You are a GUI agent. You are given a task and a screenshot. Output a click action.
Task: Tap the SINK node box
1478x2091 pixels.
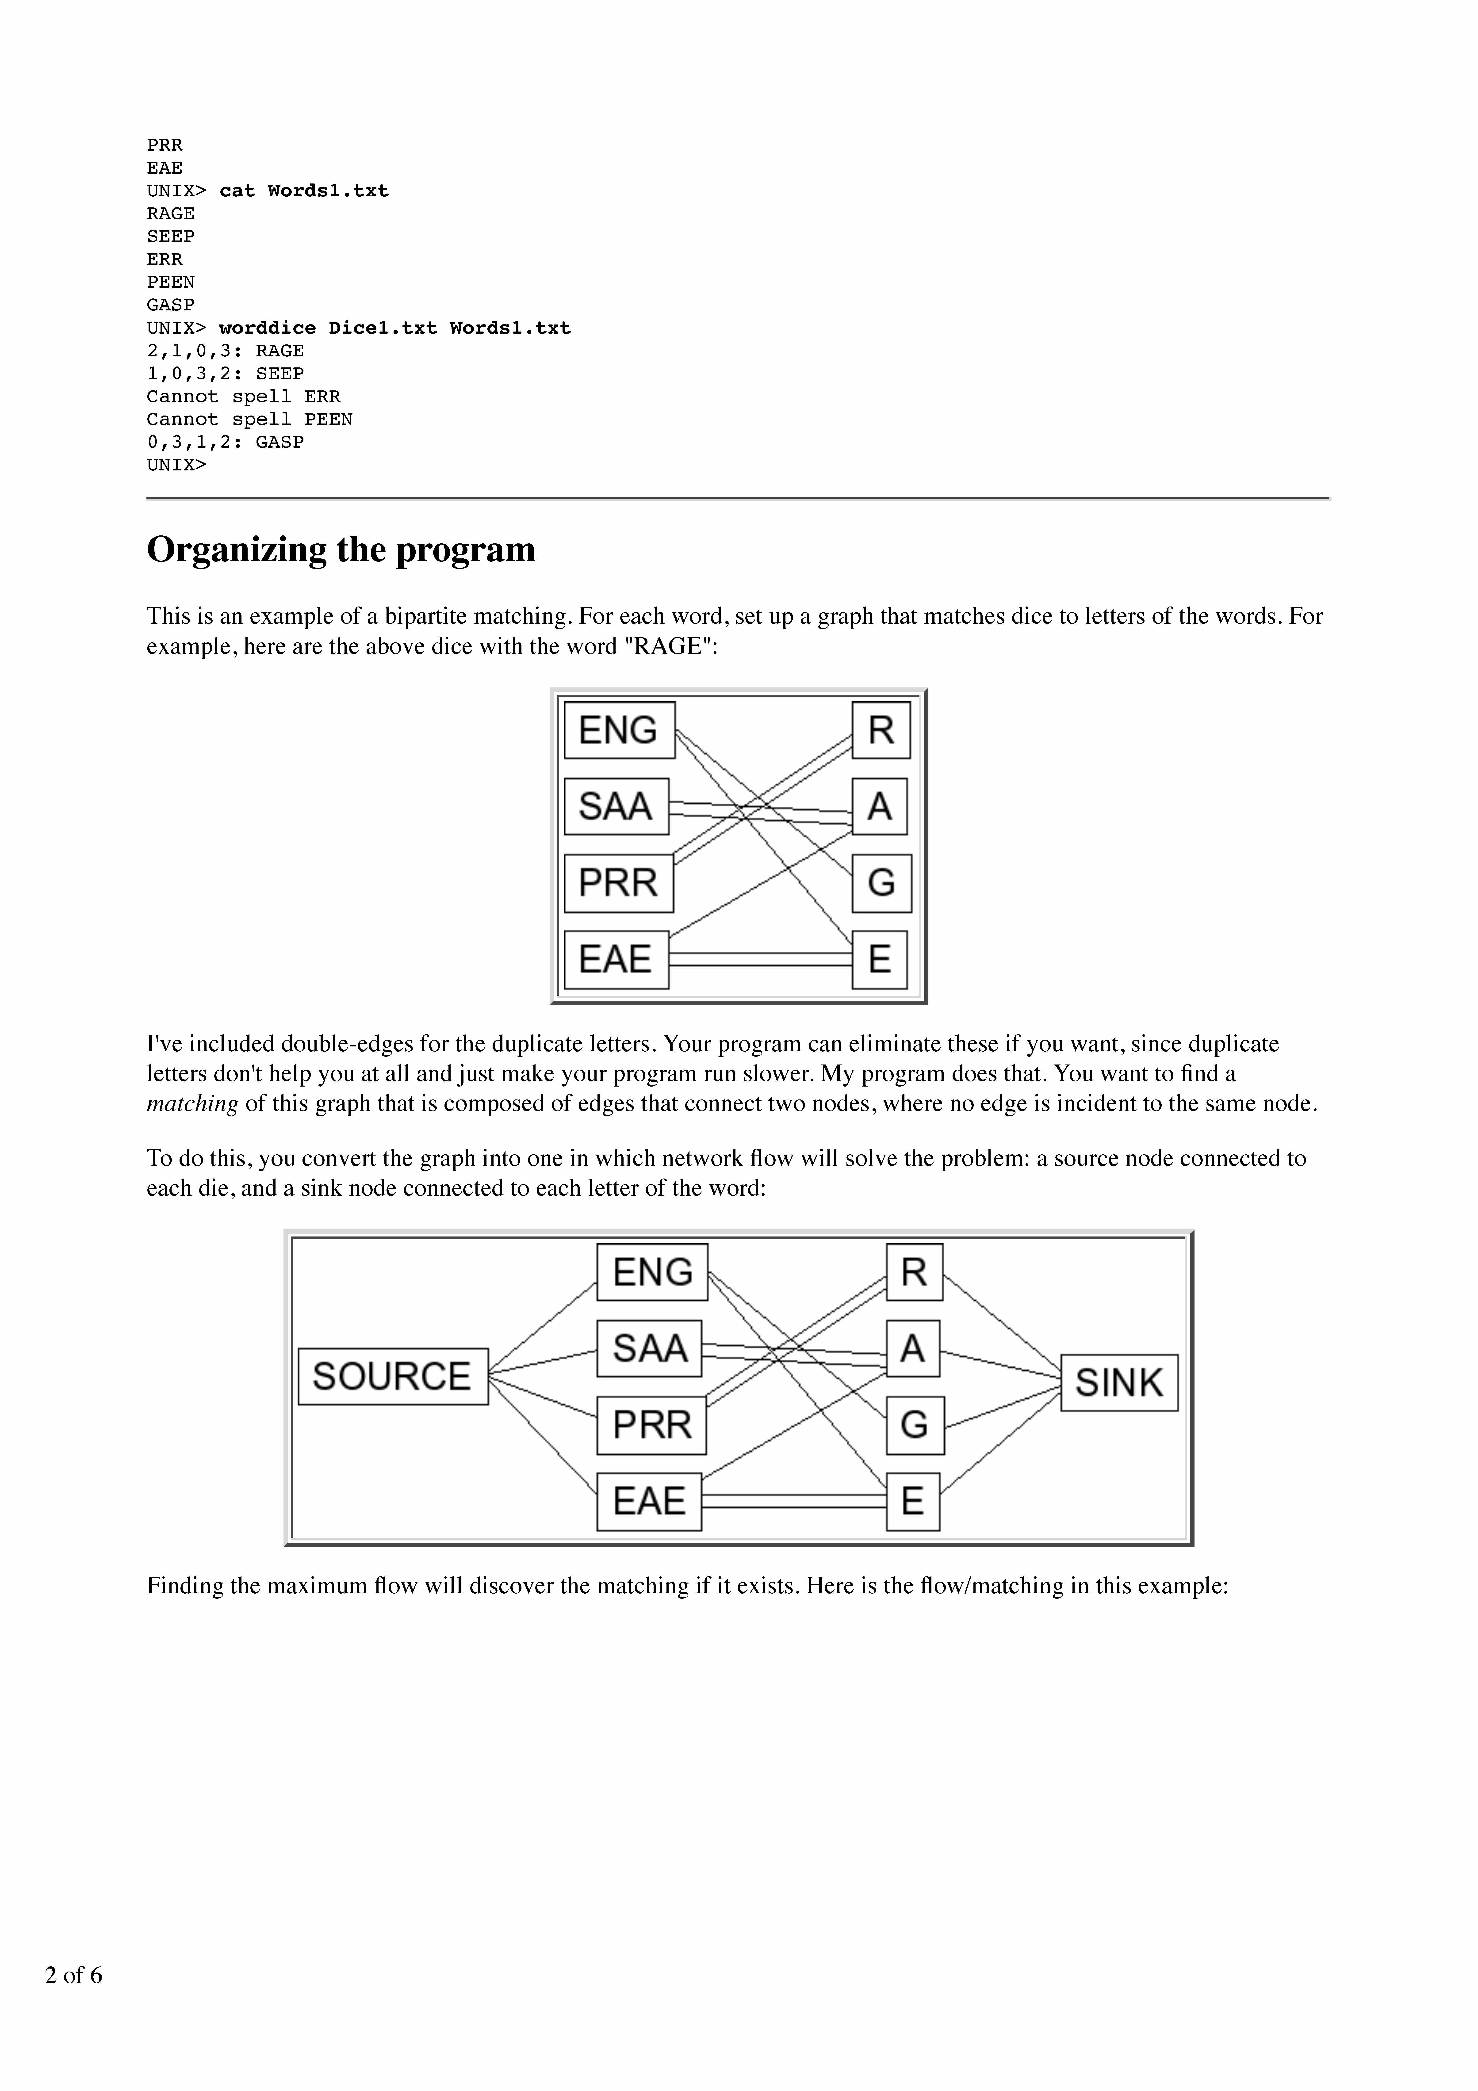coord(1119,1382)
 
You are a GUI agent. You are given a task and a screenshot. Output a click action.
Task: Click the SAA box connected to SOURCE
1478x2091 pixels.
coord(649,1348)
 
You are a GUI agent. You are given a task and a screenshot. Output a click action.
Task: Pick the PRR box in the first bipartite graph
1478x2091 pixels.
coord(618,882)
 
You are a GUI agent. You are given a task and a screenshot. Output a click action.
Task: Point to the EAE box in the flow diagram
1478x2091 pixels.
coord(648,1501)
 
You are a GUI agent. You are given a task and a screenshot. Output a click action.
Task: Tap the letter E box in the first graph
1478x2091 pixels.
coord(880,959)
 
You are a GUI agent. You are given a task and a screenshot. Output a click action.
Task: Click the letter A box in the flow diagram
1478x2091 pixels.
coord(912,1348)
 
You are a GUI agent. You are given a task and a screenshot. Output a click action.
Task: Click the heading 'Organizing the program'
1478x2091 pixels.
coord(341,550)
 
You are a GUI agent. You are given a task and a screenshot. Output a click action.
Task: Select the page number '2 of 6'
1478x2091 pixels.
coord(74,1974)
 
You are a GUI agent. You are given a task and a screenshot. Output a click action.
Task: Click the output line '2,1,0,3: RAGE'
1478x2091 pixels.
coord(225,351)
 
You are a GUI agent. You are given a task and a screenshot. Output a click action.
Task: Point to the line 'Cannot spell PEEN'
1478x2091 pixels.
coord(249,419)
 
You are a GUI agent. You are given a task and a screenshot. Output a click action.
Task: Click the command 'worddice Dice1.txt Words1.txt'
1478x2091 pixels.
coord(394,328)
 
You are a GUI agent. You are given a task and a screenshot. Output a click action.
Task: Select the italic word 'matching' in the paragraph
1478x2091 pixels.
coord(192,1104)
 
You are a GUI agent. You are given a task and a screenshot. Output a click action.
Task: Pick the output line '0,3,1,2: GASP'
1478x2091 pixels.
coord(225,442)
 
